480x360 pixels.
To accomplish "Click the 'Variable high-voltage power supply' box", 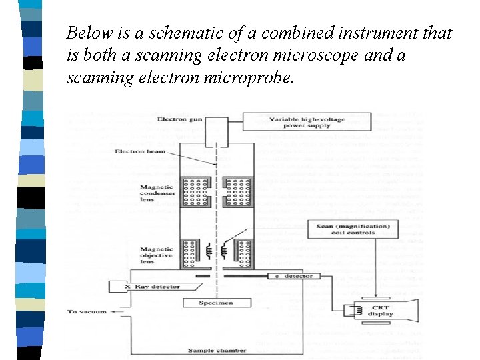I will point(307,122).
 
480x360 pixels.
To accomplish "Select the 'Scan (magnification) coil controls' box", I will point(353,230).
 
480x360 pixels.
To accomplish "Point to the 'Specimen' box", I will point(216,303).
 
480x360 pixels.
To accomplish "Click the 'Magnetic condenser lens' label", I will point(157,193).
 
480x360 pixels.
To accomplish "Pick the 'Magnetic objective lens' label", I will point(157,255).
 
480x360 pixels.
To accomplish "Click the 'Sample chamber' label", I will point(217,350).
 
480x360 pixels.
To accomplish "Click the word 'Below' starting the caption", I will point(86,33).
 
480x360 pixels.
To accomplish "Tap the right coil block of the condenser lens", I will point(239,191).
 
